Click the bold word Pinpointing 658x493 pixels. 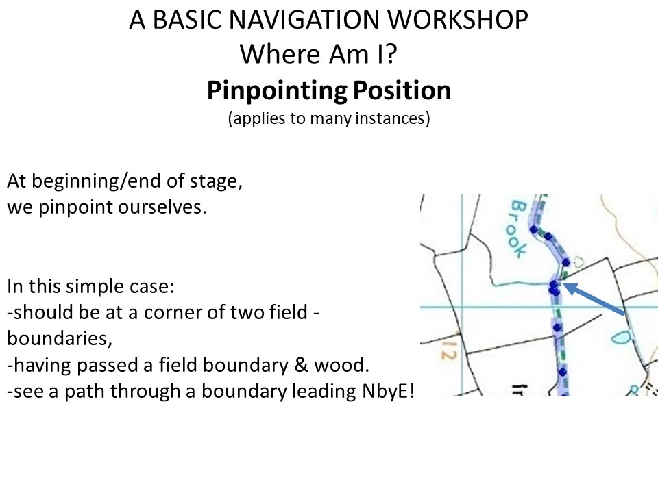click(277, 91)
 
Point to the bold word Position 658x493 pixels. click(402, 90)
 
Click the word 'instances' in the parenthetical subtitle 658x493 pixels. click(392, 118)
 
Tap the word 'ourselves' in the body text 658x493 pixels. click(162, 207)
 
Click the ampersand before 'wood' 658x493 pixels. click(302, 365)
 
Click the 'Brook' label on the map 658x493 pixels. click(518, 229)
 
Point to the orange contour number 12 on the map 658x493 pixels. click(448, 351)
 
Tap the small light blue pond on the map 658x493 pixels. click(620, 337)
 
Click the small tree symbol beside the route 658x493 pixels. click(578, 263)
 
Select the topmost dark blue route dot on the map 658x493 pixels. click(534, 229)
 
